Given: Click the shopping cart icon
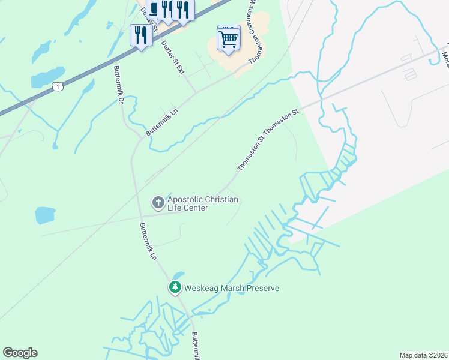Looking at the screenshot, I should [229, 39].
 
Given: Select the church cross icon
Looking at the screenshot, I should [158, 203].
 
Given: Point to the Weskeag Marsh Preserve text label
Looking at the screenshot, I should [232, 289].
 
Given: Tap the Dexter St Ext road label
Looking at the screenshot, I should [172, 58].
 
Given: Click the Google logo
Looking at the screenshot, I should [20, 353].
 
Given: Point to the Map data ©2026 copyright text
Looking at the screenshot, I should [423, 355].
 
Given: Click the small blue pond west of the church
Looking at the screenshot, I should [44, 214].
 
